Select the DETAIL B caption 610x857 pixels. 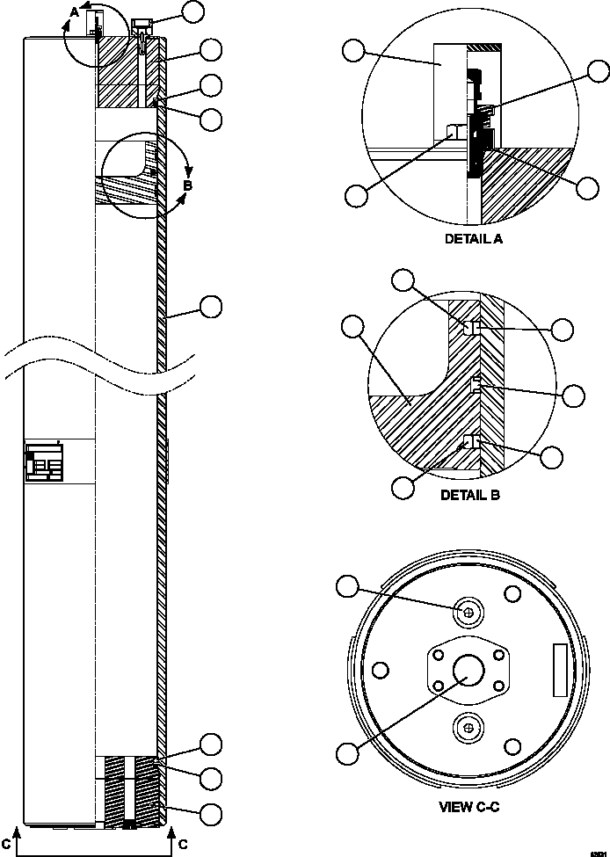(469, 495)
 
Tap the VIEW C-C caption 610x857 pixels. (469, 805)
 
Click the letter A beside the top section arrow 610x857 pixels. (76, 10)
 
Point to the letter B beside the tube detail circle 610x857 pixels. (187, 185)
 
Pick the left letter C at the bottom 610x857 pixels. (7, 844)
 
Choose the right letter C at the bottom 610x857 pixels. (182, 844)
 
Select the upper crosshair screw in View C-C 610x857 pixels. (468, 612)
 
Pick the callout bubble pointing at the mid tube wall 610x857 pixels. (210, 306)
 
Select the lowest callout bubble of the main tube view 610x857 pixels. (210, 812)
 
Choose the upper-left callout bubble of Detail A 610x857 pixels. (353, 53)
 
